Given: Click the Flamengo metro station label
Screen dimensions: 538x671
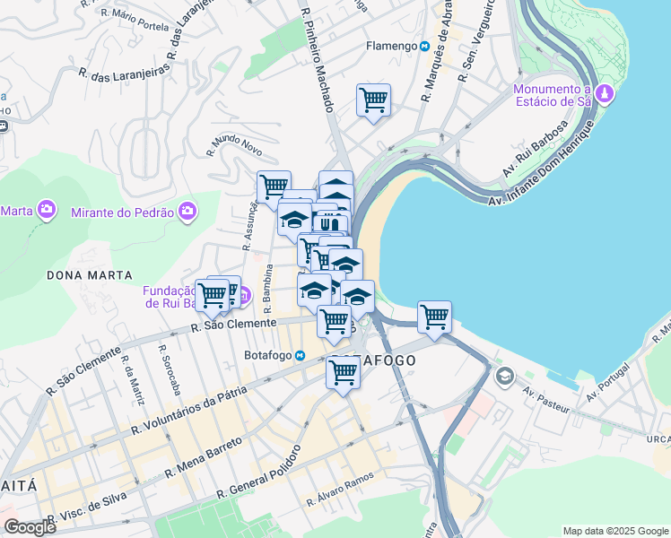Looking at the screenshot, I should tap(390, 46).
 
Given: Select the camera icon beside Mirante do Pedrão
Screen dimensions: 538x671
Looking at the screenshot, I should tap(187, 211).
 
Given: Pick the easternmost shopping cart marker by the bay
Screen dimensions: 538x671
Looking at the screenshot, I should tap(434, 316).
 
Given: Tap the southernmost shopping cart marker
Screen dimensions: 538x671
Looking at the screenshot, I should tap(343, 370).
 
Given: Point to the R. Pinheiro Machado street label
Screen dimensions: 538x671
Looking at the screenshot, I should tap(318, 59).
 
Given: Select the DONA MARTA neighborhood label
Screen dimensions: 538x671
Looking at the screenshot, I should tap(90, 275).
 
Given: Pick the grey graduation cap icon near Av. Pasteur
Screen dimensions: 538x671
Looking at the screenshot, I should tap(504, 376).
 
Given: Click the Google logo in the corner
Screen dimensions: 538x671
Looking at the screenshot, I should tap(30, 526).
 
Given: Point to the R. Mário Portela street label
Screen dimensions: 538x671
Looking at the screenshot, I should tap(135, 20).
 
